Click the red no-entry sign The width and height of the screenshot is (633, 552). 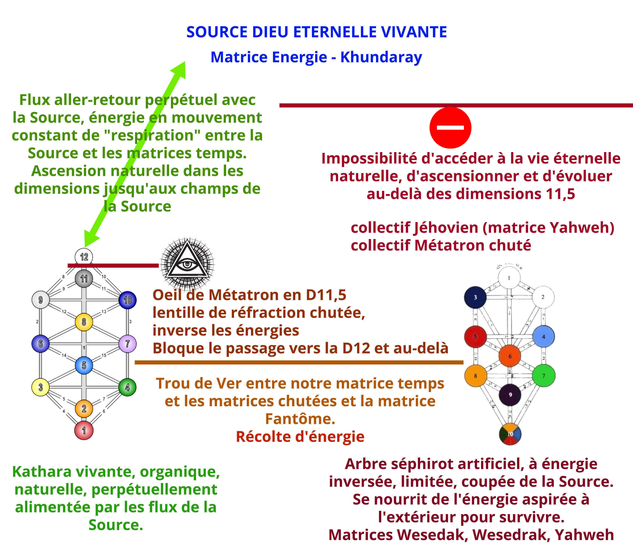tap(450, 128)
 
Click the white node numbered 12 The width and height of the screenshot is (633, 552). tap(84, 257)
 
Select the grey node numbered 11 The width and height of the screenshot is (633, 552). tap(84, 279)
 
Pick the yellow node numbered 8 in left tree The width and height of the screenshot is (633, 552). tap(84, 322)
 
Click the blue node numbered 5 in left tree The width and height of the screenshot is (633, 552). tap(84, 365)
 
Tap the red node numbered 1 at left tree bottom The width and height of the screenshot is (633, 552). tap(84, 430)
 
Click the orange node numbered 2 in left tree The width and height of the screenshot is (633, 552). tap(84, 409)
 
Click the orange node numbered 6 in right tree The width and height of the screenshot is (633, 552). tap(510, 356)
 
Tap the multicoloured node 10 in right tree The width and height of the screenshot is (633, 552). tap(510, 434)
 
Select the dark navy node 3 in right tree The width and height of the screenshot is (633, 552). tap(475, 297)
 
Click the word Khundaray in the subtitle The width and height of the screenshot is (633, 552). tap(381, 57)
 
